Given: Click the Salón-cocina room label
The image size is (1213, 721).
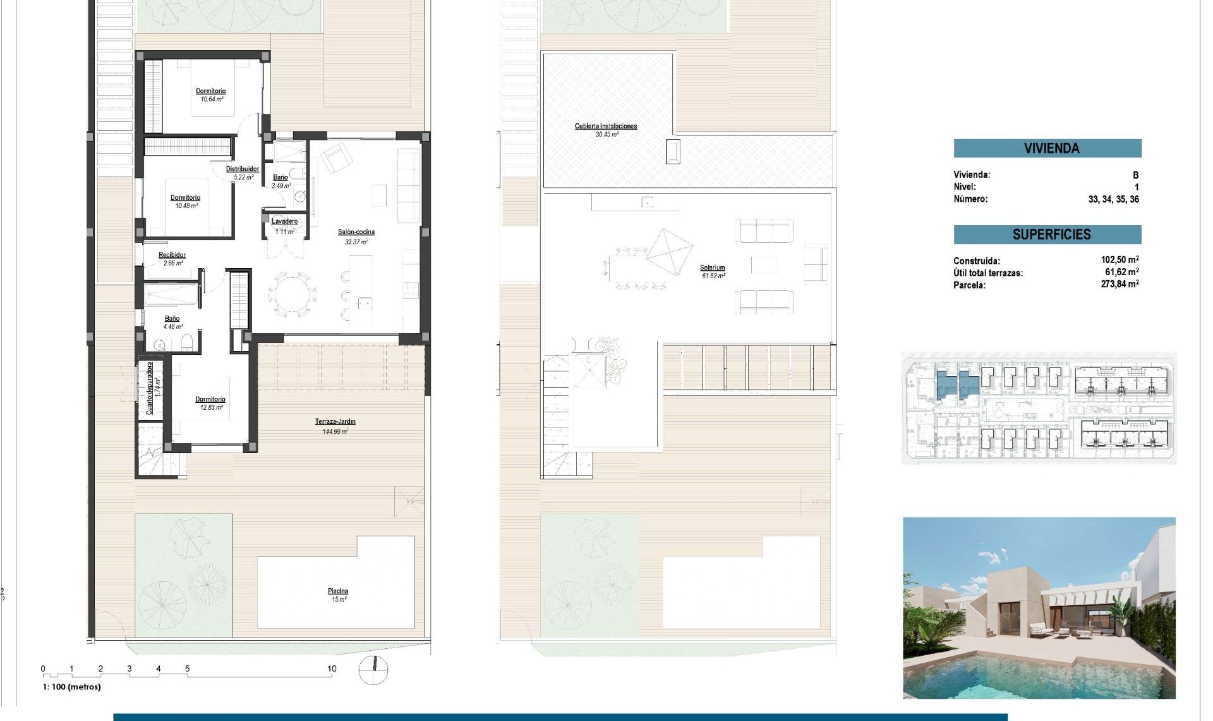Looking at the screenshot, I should [356, 232].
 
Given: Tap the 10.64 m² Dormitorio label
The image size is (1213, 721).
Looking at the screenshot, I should [210, 92].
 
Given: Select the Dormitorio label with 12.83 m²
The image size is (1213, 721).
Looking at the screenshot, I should [210, 400].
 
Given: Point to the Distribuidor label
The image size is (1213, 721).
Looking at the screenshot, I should [243, 169].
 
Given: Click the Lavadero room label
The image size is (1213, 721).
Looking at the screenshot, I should [284, 221].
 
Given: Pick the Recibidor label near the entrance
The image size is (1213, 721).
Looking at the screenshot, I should [172, 256].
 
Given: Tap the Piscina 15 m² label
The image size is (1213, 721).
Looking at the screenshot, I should [338, 592].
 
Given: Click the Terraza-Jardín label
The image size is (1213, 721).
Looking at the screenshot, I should [335, 422].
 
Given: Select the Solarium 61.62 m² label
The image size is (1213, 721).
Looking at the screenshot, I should [712, 268].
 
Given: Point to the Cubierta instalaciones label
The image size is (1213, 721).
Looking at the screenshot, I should [605, 126].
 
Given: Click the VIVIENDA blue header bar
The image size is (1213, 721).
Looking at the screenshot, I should [1047, 149].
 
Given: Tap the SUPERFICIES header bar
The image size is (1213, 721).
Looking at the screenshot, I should [1047, 235].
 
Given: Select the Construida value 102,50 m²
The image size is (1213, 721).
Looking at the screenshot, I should [1119, 260].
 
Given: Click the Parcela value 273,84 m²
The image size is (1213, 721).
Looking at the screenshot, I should [1119, 285].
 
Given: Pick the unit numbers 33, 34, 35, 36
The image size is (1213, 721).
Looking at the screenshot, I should [1113, 199].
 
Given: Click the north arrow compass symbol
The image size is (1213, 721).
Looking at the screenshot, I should [373, 670].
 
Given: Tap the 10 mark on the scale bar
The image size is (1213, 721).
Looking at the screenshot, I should [332, 669].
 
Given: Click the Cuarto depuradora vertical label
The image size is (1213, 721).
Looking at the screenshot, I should [150, 388].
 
